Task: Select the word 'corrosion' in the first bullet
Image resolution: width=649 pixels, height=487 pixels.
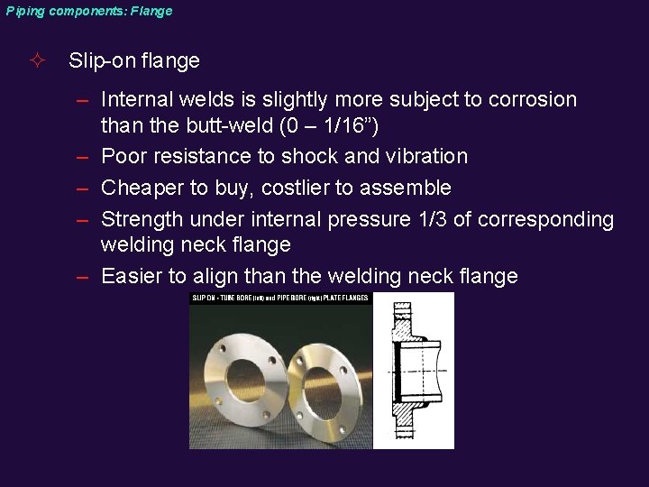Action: tap(532, 99)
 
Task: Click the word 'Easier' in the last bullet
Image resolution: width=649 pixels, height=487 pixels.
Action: tap(132, 276)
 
